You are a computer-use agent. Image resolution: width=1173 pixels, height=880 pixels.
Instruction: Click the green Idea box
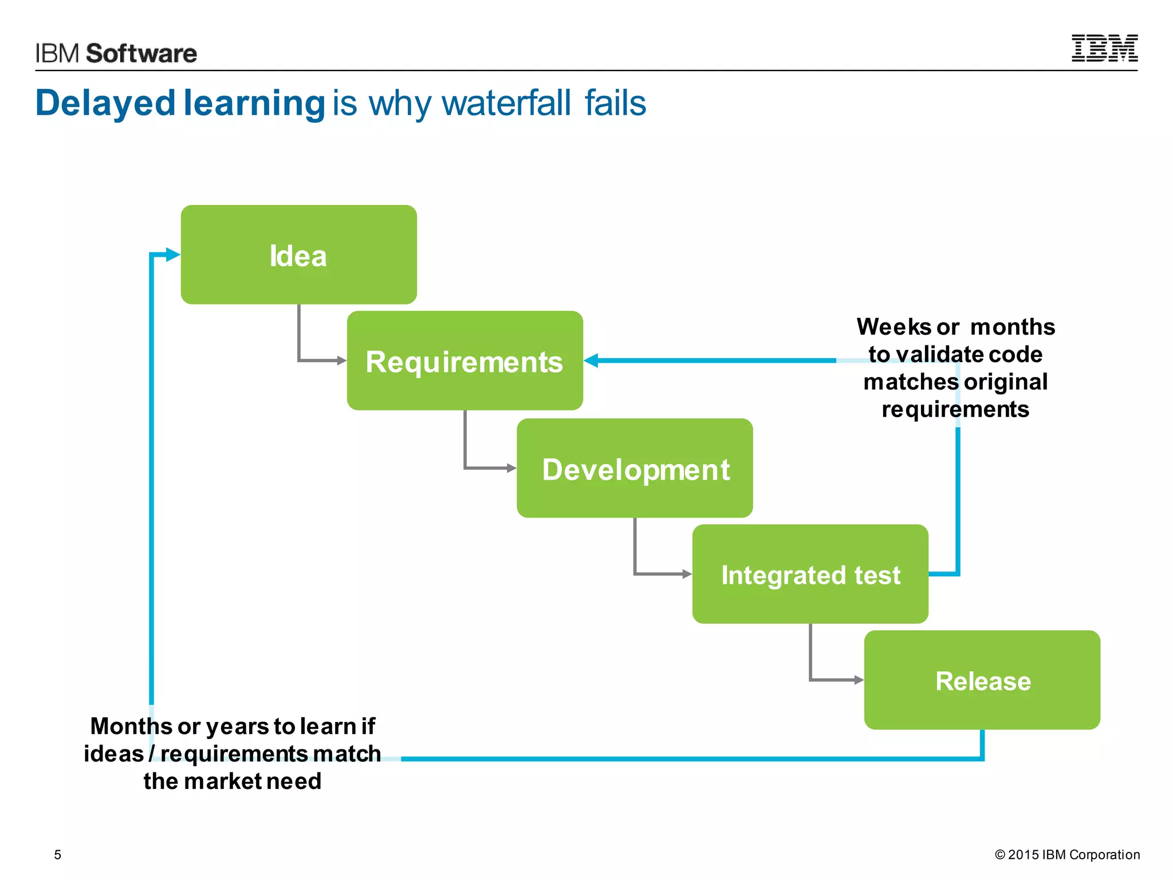click(298, 254)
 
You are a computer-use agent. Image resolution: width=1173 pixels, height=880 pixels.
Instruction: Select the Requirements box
click(465, 361)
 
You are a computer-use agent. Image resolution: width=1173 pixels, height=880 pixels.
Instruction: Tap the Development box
click(635, 468)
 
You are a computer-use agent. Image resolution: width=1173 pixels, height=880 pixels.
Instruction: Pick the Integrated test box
click(810, 574)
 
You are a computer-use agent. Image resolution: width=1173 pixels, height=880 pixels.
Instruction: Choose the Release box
click(982, 680)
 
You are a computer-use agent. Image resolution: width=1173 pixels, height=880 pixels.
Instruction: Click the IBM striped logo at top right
click(1104, 48)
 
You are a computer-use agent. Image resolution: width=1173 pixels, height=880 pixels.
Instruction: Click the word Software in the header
click(141, 53)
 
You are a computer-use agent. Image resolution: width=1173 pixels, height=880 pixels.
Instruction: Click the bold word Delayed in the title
click(105, 103)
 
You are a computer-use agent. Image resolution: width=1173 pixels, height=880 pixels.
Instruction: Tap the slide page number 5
click(57, 855)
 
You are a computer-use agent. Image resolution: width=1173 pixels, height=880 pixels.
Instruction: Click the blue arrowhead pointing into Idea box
click(172, 254)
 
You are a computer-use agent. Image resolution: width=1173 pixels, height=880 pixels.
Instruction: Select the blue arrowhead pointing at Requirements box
click(591, 360)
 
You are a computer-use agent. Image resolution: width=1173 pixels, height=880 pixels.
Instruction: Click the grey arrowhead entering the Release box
click(859, 680)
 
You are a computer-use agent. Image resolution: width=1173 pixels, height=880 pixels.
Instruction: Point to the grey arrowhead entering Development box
click(511, 468)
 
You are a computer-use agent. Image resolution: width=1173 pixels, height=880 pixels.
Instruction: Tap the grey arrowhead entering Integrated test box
click(687, 573)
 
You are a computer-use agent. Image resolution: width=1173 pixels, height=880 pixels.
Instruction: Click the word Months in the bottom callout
click(131, 726)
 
